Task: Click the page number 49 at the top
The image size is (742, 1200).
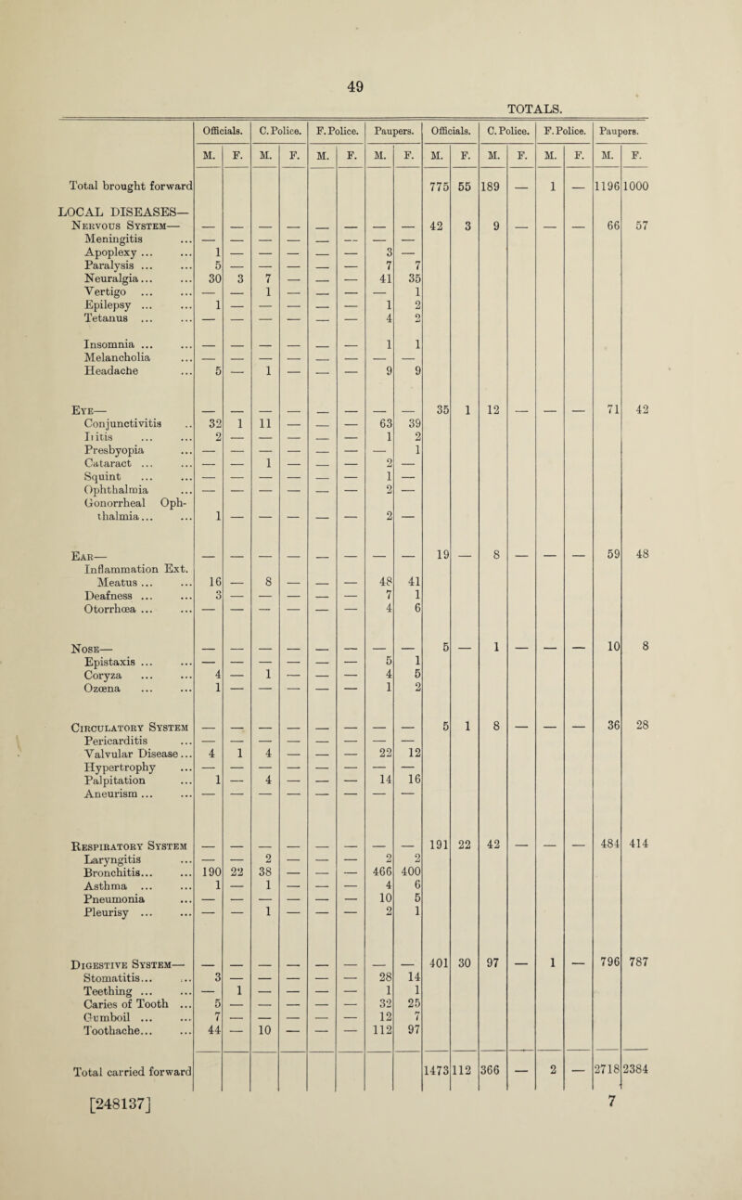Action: [x=371, y=38]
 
